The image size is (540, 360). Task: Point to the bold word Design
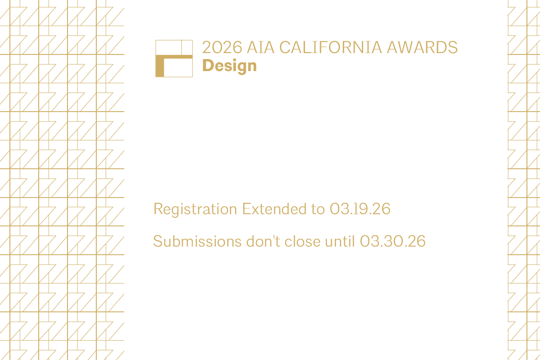click(x=229, y=66)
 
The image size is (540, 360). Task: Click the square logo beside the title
click(x=174, y=58)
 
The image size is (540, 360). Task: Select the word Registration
click(x=195, y=209)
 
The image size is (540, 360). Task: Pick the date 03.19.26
click(x=360, y=209)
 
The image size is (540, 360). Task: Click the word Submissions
click(x=197, y=242)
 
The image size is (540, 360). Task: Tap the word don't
click(x=264, y=242)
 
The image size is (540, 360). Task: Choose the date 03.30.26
click(x=393, y=242)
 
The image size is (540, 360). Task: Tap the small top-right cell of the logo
click(x=187, y=47)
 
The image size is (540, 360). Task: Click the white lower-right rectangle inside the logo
click(x=178, y=68)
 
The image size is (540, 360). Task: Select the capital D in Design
click(x=207, y=66)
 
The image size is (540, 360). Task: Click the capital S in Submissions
click(x=157, y=242)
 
